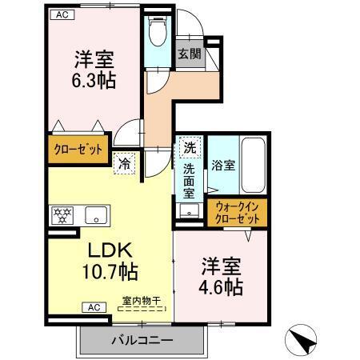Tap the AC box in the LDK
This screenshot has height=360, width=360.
(94, 306)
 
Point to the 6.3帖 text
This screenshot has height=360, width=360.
(94, 80)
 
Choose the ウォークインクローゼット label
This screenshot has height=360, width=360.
(238, 213)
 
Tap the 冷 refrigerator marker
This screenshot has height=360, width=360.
(126, 162)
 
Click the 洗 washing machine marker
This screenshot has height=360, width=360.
(190, 147)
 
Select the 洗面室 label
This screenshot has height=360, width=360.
(189, 181)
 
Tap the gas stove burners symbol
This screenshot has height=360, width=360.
(62, 214)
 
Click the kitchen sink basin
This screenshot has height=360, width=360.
(98, 214)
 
